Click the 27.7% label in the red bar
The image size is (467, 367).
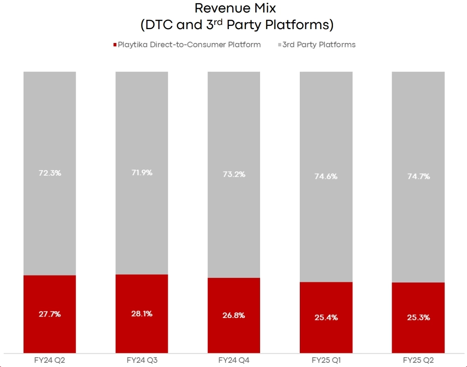click(x=50, y=314)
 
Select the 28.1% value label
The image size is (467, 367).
click(x=142, y=313)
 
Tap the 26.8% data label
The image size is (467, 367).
click(x=234, y=316)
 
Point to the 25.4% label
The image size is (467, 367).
click(x=326, y=318)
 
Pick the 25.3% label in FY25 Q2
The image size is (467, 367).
click(x=418, y=318)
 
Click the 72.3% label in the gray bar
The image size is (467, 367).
click(x=50, y=173)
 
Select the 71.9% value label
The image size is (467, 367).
click(x=142, y=172)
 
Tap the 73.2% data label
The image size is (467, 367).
click(x=234, y=174)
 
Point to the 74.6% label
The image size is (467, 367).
click(x=326, y=176)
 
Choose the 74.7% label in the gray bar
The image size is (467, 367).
click(x=418, y=176)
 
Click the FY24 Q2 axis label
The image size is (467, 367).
click(x=50, y=360)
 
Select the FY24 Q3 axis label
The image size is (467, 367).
click(x=142, y=360)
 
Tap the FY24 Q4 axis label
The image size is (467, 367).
click(x=234, y=360)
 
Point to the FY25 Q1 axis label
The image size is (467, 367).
click(x=326, y=360)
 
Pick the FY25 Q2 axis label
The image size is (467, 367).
click(x=418, y=360)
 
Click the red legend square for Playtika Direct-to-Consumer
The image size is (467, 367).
click(x=115, y=45)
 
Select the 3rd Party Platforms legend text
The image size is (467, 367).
click(x=319, y=45)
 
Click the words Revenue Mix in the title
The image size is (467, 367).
click(x=235, y=8)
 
